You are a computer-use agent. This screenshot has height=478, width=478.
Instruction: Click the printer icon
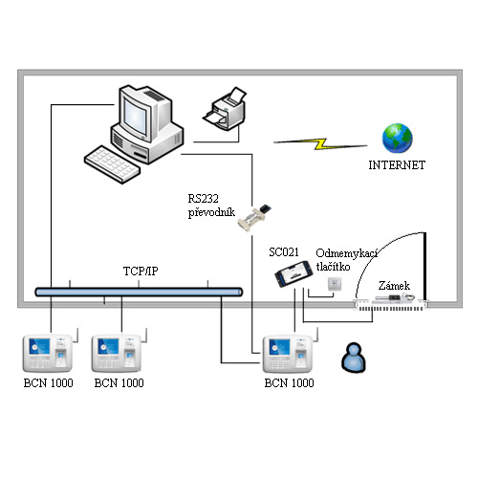225,108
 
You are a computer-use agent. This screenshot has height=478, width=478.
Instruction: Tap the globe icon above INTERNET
397,139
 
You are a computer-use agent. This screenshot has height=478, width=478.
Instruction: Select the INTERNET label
397,165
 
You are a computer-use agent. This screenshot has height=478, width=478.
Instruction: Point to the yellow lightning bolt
320,144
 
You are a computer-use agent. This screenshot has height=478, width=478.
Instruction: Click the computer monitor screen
136,117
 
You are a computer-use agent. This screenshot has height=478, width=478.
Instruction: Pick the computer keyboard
112,164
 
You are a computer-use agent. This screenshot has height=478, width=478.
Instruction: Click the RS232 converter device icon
254,217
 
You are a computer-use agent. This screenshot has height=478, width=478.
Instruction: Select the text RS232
203,199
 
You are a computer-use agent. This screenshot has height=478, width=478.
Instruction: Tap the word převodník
211,212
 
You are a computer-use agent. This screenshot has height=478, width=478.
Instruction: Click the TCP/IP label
141,271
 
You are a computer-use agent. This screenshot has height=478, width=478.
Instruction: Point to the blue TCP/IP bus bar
139,292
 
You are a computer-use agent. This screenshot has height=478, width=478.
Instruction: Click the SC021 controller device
293,273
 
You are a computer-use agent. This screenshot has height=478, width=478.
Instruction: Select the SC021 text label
284,252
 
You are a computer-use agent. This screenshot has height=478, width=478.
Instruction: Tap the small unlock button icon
335,284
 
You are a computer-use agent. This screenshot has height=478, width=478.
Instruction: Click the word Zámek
394,286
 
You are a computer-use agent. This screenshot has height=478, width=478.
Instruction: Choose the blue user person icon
354,358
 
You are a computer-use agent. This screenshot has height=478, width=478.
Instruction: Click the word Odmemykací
347,253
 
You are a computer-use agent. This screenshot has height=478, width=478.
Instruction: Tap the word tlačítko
333,267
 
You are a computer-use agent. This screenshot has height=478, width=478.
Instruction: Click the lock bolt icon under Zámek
395,298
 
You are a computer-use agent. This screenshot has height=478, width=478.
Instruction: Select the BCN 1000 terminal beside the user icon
288,354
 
